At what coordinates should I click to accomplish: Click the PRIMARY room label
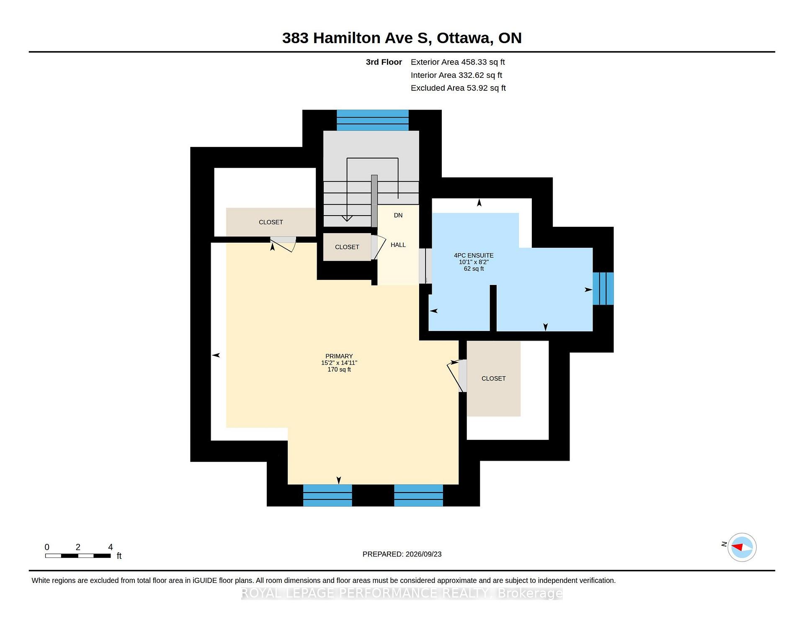(x=339, y=356)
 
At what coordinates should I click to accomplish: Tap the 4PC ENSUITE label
(x=474, y=255)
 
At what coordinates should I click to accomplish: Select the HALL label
(x=398, y=245)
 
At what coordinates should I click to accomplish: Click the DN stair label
(x=398, y=215)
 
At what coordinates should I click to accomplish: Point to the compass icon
(x=742, y=547)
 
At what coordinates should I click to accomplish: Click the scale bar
(x=78, y=556)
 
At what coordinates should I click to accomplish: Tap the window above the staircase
(x=373, y=120)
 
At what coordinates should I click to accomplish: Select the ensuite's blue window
(x=603, y=289)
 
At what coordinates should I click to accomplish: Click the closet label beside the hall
(x=347, y=247)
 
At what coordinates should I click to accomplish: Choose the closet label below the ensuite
(x=494, y=378)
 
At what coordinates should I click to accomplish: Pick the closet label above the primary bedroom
(x=271, y=222)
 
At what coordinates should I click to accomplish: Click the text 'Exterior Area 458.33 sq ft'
(x=458, y=62)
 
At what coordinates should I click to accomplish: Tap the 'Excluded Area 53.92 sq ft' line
(x=458, y=88)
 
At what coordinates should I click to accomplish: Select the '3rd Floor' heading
(x=384, y=62)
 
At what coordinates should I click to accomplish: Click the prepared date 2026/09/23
(x=423, y=554)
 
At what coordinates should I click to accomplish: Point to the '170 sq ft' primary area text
(x=339, y=370)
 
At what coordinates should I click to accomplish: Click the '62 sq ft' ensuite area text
(x=474, y=269)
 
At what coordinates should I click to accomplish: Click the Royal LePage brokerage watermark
(x=402, y=593)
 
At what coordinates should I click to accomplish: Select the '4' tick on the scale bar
(x=111, y=547)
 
